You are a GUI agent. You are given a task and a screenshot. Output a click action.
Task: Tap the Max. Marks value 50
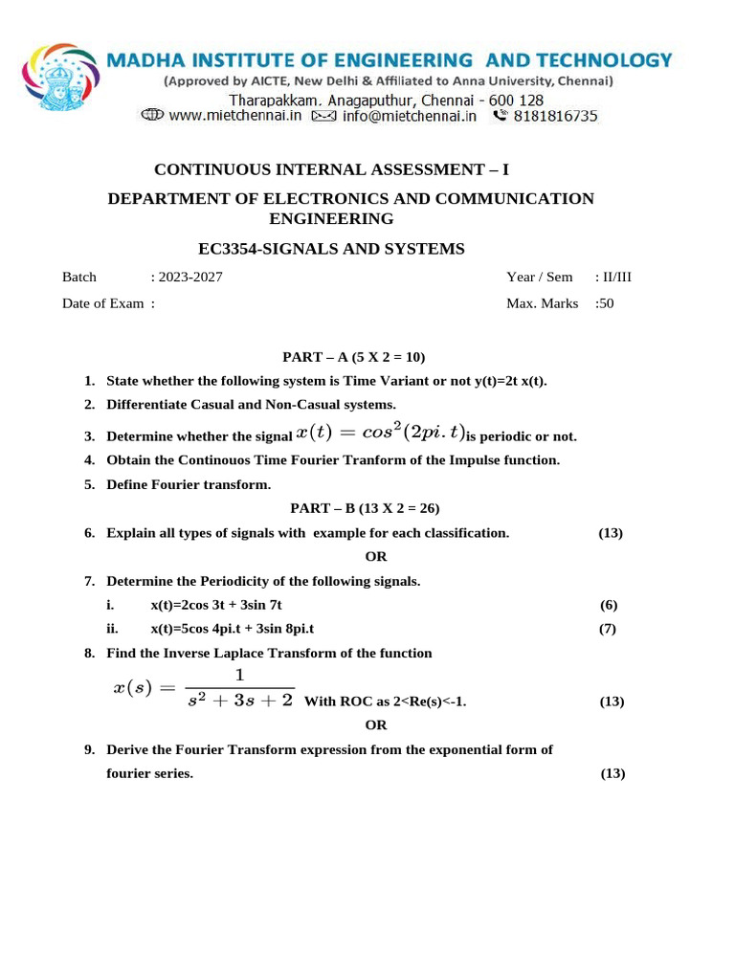[x=605, y=303]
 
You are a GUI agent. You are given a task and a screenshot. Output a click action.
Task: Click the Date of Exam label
[x=104, y=303]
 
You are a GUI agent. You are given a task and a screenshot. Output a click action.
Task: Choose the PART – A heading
[x=353, y=357]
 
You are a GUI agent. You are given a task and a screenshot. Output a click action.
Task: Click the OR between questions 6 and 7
[x=376, y=557]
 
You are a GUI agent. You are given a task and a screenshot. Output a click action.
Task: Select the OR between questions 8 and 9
[x=376, y=725]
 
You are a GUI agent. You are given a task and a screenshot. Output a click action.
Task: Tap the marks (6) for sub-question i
[x=609, y=605]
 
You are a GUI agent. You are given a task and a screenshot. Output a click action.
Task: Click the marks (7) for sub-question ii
[x=609, y=629]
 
